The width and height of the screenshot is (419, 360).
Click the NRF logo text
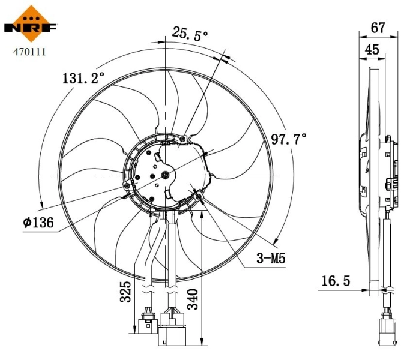(x=31, y=28)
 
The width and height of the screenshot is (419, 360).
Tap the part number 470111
(x=30, y=52)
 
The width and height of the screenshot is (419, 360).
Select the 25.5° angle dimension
(x=190, y=34)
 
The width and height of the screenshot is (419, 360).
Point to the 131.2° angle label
(x=83, y=78)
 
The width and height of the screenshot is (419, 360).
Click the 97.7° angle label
(x=289, y=139)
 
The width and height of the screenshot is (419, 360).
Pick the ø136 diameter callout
(x=39, y=223)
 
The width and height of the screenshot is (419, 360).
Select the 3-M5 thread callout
(x=270, y=259)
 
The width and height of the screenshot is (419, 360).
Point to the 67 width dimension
(x=378, y=28)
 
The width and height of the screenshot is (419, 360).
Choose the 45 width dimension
(x=372, y=49)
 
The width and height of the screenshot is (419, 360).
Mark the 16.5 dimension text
(x=334, y=280)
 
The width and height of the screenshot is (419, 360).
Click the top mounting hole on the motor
(x=183, y=139)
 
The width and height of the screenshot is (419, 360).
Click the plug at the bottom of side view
(x=387, y=329)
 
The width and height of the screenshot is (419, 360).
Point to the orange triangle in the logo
(x=31, y=14)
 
